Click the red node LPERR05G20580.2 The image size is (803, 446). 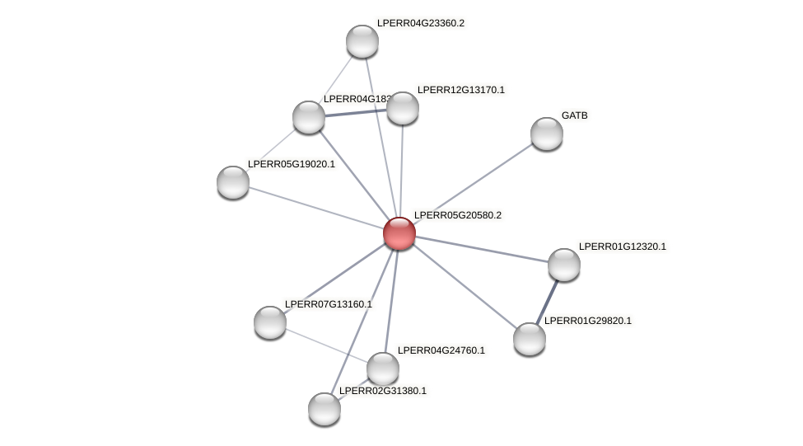coord(399,233)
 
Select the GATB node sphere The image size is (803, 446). coord(547,134)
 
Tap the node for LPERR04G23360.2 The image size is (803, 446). coord(362,41)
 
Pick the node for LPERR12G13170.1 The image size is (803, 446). coord(403,108)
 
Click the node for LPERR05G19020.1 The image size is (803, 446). coord(233,182)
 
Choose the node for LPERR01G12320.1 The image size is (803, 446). coord(564,265)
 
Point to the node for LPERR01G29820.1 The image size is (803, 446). coord(530,339)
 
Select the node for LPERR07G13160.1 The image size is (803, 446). coord(270,322)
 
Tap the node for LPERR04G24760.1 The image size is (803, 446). coord(383,369)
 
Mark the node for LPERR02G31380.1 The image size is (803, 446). coord(324,409)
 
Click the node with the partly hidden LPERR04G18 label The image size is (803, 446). coord(309,117)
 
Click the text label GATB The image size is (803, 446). coord(575,115)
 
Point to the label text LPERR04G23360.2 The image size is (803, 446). coord(420,23)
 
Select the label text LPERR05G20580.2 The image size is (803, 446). coord(457,215)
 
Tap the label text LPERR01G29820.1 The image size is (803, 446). coord(588,321)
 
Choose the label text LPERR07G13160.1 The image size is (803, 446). coord(329,304)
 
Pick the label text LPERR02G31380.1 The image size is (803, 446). coord(383,391)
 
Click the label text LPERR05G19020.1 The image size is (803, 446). coord(292,164)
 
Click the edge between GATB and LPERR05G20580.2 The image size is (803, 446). coord(474,183)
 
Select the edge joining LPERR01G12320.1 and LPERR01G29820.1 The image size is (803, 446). coord(548,301)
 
